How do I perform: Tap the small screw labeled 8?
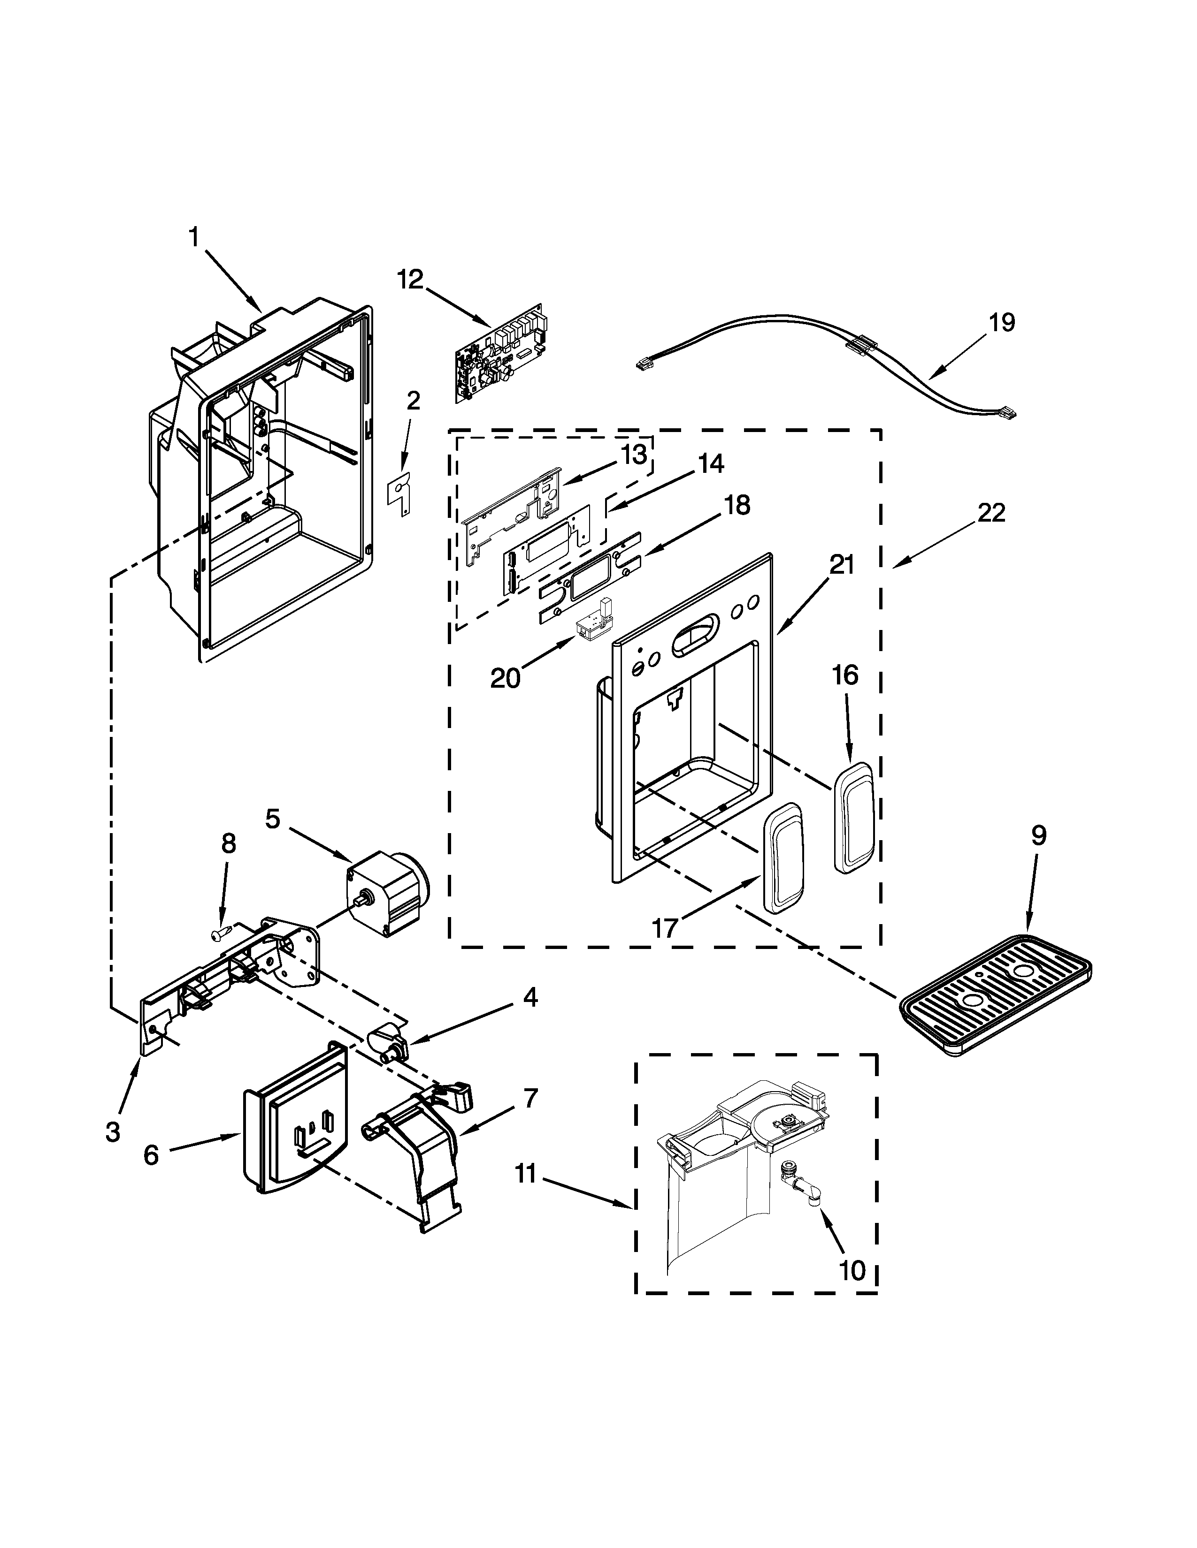point(221,933)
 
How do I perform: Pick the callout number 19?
point(1002,323)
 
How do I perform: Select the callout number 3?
point(113,1132)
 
